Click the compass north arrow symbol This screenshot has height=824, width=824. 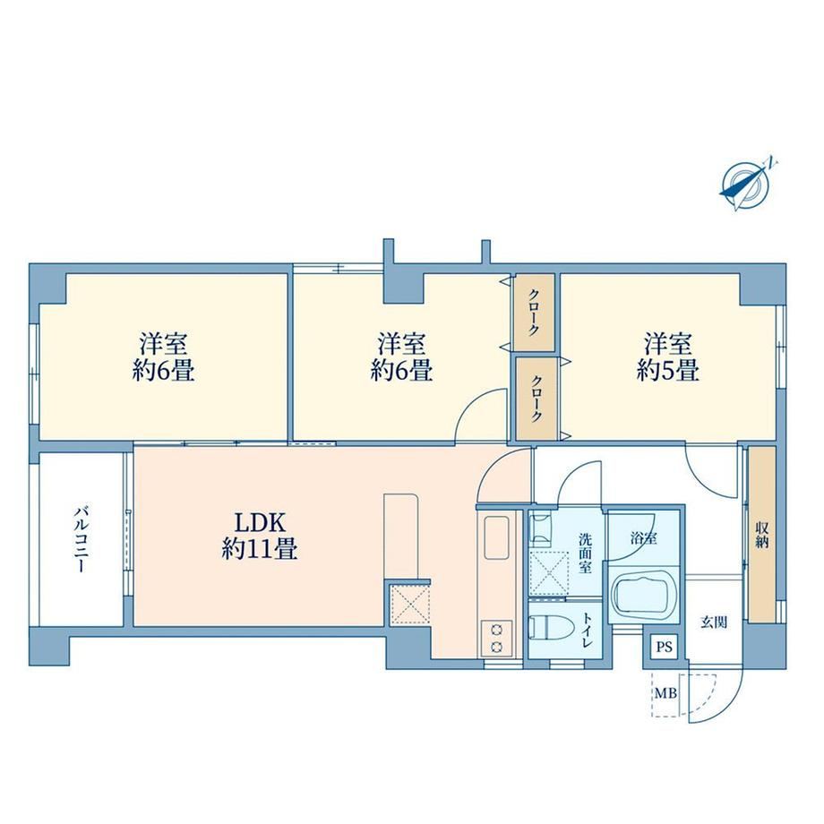746,185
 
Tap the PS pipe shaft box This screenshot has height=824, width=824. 665,647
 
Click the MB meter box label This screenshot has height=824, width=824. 665,693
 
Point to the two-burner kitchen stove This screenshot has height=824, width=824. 495,638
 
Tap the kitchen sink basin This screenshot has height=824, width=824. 496,537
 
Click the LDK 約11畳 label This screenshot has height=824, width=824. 260,536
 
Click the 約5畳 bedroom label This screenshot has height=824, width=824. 668,357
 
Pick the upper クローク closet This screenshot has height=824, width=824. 534,313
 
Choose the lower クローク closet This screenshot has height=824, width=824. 536,399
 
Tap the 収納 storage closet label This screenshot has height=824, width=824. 762,535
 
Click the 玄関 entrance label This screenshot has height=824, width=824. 714,622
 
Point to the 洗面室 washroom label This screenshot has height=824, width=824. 586,554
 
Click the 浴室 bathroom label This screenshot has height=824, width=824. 644,538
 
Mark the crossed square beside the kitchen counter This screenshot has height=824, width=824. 410,605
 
